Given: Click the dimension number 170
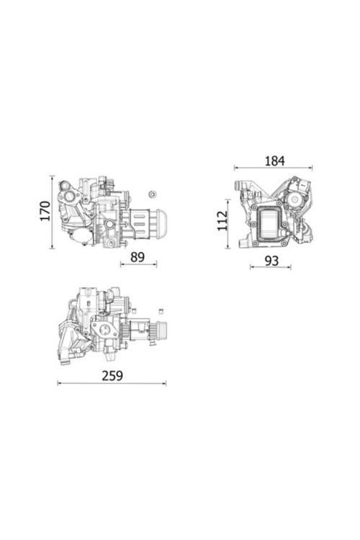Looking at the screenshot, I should (45, 211).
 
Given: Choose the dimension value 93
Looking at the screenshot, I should (271, 260).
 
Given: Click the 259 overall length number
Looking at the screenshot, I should (112, 375).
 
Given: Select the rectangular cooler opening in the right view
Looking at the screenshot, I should (271, 224).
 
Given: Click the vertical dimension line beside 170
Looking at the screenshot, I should (53, 212).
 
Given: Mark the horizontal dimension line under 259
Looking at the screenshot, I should (112, 384).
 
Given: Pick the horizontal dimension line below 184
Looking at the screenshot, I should (274, 168).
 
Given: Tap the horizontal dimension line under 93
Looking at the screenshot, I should (271, 269).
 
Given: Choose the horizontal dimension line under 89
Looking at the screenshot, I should (138, 264).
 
